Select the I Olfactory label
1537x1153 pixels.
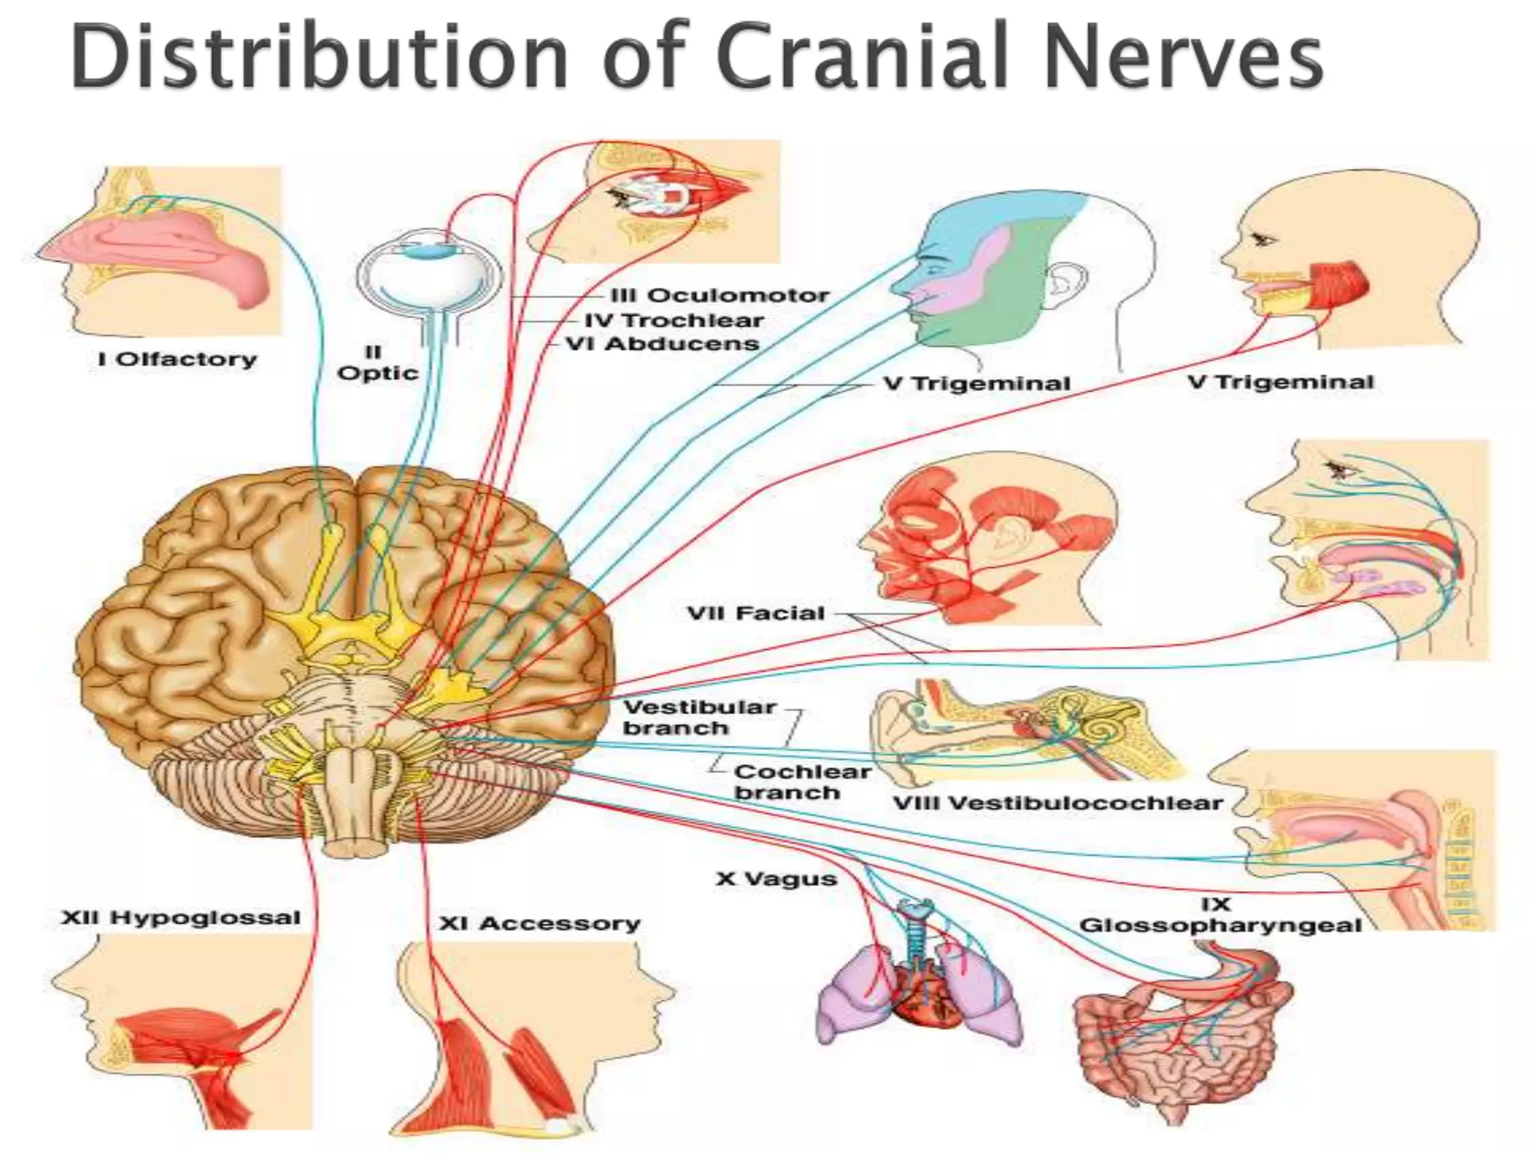pyautogui.click(x=177, y=360)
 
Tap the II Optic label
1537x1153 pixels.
pyautogui.click(x=377, y=363)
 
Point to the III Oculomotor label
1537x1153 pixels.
pyautogui.click(x=719, y=296)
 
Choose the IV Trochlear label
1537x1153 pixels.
pyautogui.click(x=673, y=321)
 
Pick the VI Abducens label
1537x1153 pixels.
pyautogui.click(x=662, y=345)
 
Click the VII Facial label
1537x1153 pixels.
pyautogui.click(x=756, y=613)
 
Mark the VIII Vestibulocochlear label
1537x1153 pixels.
pyautogui.click(x=1057, y=803)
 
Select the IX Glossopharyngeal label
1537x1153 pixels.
pyautogui.click(x=1220, y=916)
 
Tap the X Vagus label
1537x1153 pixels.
pyautogui.click(x=776, y=878)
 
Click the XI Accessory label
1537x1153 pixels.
pyautogui.click(x=539, y=923)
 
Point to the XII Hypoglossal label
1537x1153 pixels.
pyautogui.click(x=180, y=917)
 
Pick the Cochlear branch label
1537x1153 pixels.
pyautogui.click(x=802, y=782)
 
